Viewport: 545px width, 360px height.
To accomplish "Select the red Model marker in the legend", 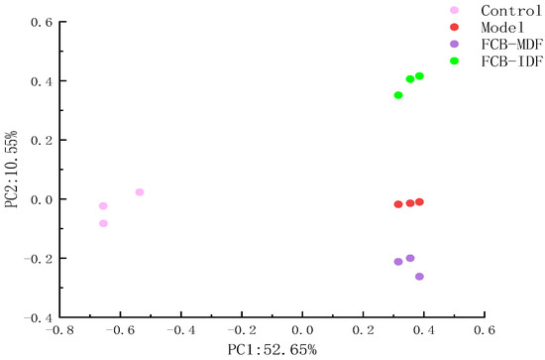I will click(x=454, y=27).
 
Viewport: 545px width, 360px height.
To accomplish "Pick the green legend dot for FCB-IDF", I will click(x=454, y=61).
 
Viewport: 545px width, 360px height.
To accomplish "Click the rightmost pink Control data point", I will click(x=140, y=192).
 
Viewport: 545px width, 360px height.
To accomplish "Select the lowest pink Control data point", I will click(x=103, y=223).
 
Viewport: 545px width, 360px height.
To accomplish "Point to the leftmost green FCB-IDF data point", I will click(x=398, y=95).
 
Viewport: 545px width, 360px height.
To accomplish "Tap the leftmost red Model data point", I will click(x=398, y=204).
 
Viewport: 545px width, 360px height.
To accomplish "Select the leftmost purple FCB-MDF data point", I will click(x=398, y=262).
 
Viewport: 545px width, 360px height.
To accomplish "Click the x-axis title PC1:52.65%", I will click(x=272, y=349).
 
